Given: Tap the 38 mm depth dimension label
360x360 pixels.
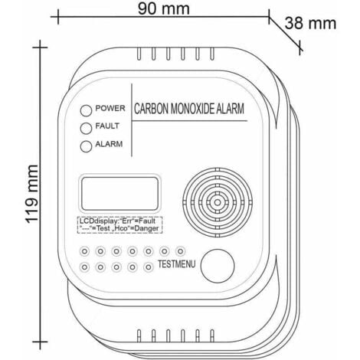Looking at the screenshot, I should (311, 23).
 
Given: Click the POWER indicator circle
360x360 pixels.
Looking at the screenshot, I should (87, 110).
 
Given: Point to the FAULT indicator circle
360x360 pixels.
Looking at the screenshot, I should (87, 126).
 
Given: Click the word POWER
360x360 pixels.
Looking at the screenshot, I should (110, 109).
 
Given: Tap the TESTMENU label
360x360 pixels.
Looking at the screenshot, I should (178, 263).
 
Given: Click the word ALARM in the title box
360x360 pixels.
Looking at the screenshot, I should (229, 110).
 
